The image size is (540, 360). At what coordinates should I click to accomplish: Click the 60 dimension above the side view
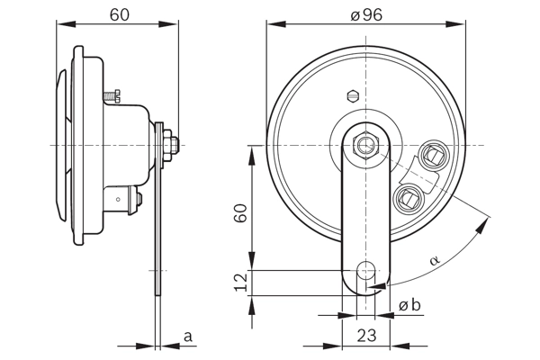pos(120,13)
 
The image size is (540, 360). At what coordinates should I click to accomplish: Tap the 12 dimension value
pos(239,283)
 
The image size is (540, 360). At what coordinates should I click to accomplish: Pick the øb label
pos(409,305)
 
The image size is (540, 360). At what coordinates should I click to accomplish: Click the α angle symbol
pos(434,260)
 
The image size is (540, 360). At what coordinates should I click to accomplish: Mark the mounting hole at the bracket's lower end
pos(365,269)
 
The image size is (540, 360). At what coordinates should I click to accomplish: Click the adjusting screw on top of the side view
pos(111,94)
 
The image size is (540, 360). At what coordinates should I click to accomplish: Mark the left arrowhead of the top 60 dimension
pos(60,23)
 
